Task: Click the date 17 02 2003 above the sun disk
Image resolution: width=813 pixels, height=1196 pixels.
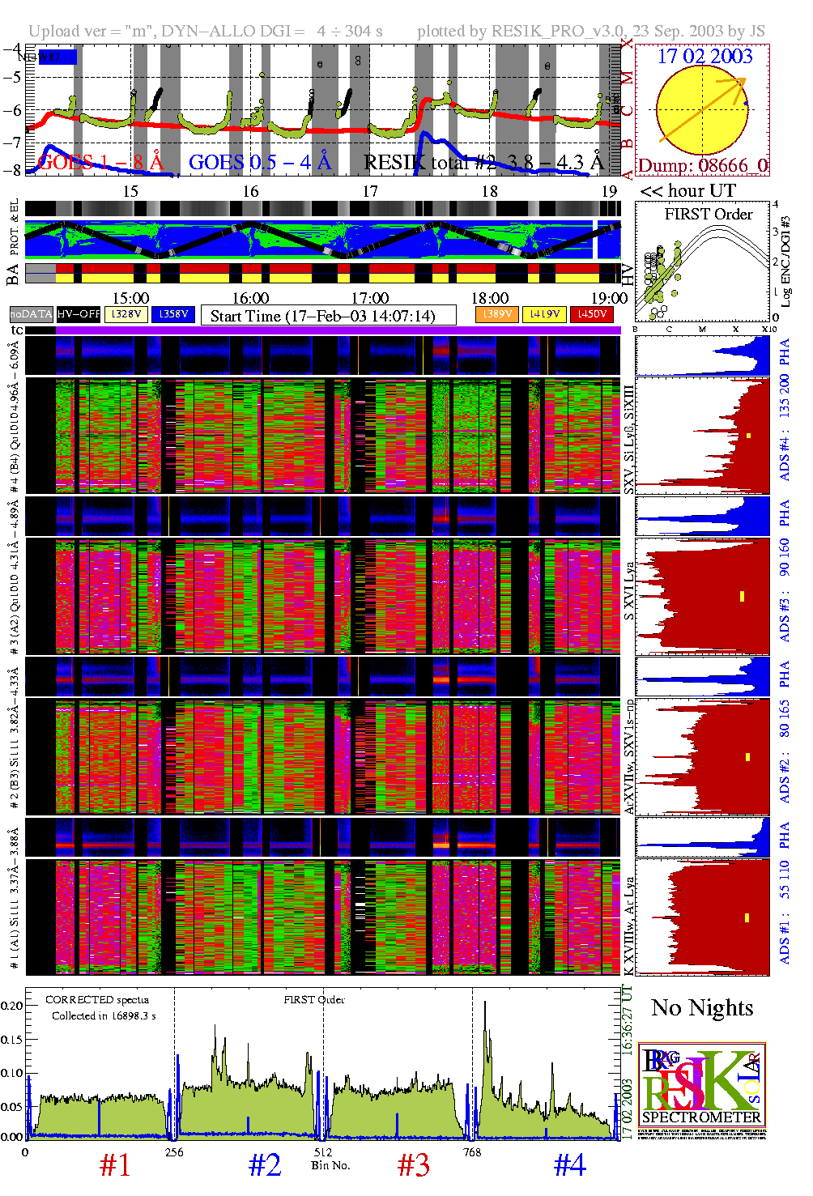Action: point(704,57)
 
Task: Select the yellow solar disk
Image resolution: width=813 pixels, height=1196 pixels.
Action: point(701,109)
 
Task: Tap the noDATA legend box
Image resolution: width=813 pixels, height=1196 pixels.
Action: point(32,314)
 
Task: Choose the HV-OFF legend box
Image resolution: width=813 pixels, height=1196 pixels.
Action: point(79,314)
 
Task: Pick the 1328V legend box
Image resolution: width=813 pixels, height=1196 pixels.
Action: point(126,314)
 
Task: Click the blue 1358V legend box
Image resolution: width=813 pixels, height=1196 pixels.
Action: point(173,314)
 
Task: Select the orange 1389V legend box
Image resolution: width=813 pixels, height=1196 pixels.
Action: point(496,314)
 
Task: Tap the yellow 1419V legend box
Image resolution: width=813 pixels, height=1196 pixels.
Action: point(544,314)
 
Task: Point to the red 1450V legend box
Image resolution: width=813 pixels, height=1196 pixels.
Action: point(592,314)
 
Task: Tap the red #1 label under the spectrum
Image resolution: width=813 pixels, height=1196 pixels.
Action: point(115,1165)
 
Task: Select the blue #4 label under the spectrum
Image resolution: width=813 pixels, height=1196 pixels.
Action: point(569,1165)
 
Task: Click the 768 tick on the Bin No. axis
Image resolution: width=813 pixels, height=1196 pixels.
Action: point(472,1152)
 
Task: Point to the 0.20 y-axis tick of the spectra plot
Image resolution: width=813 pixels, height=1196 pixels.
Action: point(12,1006)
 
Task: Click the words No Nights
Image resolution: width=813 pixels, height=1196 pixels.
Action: point(702,1008)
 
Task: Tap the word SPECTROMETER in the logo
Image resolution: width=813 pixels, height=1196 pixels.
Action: point(701,1117)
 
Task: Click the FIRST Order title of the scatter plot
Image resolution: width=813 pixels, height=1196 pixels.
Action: point(709,215)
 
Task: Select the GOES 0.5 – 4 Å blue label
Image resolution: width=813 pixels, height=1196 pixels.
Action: point(260,163)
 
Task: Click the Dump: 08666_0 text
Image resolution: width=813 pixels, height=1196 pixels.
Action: point(702,166)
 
